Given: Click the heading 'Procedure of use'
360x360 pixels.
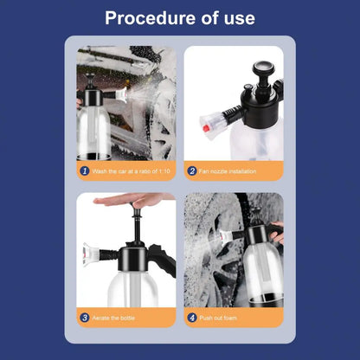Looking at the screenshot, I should point(179,18).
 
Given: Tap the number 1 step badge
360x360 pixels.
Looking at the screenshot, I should point(85,171).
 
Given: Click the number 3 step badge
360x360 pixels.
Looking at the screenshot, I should point(85,318).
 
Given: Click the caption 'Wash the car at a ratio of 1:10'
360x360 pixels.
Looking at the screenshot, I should point(130,171).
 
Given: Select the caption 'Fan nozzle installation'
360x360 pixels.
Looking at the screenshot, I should point(227,171).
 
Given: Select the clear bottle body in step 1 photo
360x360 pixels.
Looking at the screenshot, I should point(94,130).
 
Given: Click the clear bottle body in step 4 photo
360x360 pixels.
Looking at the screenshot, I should point(260,268).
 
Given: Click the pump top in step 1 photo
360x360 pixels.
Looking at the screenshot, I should point(89,80).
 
